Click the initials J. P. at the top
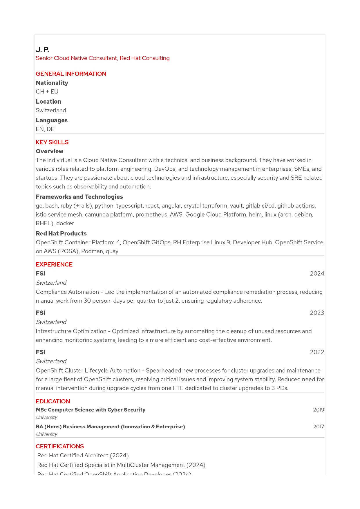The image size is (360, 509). [x=42, y=50]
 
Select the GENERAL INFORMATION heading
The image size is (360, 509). [x=71, y=74]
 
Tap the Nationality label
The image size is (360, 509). [x=52, y=83]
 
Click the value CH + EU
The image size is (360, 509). [x=47, y=92]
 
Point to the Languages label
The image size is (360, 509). [x=52, y=120]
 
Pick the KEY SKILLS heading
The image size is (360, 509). [x=52, y=142]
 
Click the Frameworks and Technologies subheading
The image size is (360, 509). [x=79, y=197]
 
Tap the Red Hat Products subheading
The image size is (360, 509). [x=61, y=233]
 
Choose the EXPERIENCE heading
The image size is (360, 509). [x=54, y=264]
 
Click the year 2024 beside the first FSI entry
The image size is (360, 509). [x=317, y=274]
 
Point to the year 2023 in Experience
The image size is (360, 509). [x=317, y=313]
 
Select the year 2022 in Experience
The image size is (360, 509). [x=317, y=352]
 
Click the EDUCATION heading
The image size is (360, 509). [x=53, y=401]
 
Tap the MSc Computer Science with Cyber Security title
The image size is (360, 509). [x=91, y=410]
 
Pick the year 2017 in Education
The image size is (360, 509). [x=319, y=427]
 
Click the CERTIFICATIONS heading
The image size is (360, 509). [x=60, y=446]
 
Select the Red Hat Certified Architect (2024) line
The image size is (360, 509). [x=83, y=455]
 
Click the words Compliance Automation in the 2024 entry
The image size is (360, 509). [x=67, y=292]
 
